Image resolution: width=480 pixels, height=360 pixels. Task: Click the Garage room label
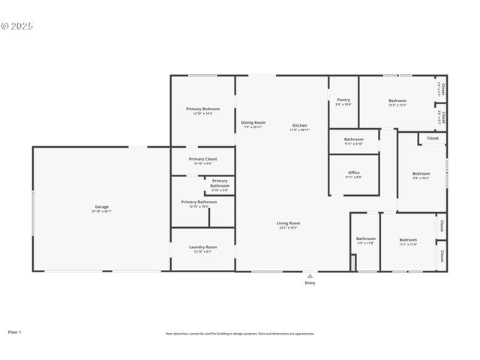[102, 208]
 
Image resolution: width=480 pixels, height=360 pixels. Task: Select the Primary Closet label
[202, 160]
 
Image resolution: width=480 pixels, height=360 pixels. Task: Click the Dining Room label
[253, 124]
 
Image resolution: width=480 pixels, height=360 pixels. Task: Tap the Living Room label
[289, 223]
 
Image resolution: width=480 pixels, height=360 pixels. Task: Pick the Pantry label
[343, 100]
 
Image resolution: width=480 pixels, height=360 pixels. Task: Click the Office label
[353, 174]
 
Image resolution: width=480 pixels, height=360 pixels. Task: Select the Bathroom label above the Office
[354, 140]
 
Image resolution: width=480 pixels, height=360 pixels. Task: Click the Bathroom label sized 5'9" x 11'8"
[366, 240]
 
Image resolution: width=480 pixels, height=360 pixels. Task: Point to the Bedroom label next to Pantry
[397, 102]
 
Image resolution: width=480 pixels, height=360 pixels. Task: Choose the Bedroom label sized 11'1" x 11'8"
[408, 240]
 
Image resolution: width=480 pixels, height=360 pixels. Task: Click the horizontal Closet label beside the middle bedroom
[433, 138]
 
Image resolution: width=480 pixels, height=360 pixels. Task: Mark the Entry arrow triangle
[310, 276]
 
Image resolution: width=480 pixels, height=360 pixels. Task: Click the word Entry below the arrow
[310, 283]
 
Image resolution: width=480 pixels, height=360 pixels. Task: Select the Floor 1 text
[14, 331]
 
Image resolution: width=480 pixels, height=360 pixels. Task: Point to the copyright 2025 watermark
[18, 25]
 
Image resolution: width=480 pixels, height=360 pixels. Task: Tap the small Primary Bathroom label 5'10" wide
[220, 183]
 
